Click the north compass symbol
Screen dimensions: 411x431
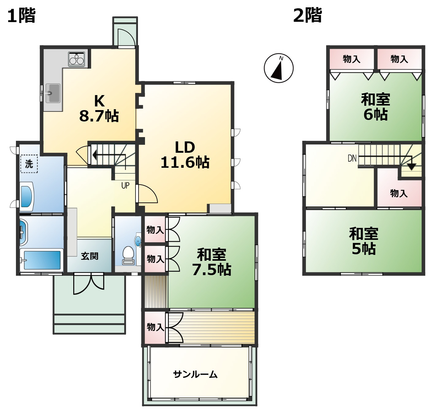[279, 68]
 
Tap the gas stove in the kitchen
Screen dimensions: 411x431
[77, 59]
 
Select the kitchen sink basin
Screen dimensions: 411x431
[53, 92]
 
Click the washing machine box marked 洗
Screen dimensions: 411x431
[29, 164]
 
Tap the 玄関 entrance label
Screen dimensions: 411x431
[90, 256]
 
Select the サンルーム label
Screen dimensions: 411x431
[195, 375]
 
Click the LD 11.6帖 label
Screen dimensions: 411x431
[185, 155]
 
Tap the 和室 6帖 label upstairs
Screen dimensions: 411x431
[376, 107]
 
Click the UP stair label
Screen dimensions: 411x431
[125, 186]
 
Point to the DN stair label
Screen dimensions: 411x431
[352, 158]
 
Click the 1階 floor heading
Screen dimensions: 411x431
[21, 15]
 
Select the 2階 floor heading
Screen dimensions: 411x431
[307, 15]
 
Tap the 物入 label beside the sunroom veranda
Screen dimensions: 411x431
[155, 327]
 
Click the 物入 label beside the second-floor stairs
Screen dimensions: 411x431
[399, 193]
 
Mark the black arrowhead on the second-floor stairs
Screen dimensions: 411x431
[411, 167]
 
